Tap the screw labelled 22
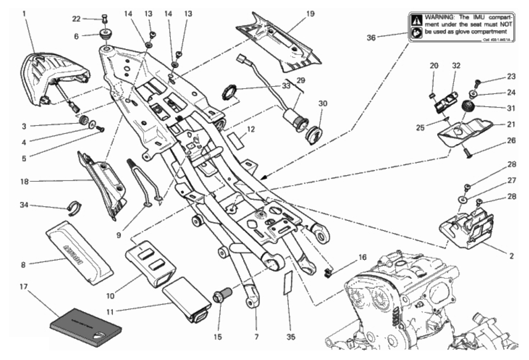[104, 18]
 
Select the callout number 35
[291, 337]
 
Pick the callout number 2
[511, 255]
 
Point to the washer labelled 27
[464, 200]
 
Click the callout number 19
[310, 14]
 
